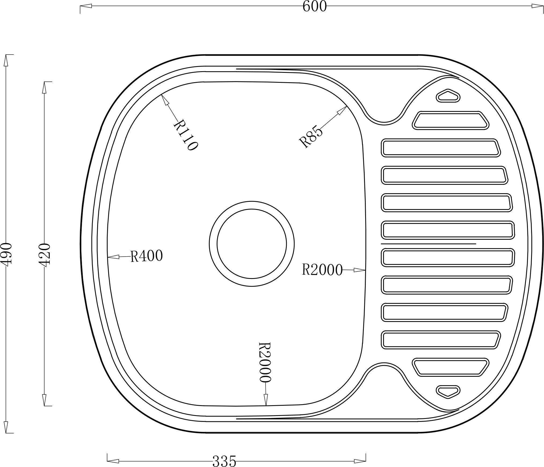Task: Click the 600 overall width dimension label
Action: pos(315,6)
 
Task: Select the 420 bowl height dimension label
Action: pos(45,255)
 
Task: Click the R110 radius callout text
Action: pos(186,135)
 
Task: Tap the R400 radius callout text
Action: pos(147,256)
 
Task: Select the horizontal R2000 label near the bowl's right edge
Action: pos(322,270)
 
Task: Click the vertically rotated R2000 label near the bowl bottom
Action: pos(265,362)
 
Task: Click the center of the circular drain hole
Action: pos(252,244)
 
